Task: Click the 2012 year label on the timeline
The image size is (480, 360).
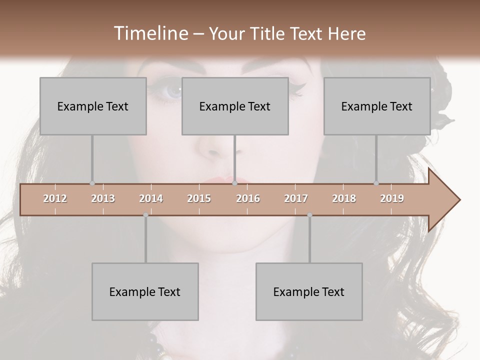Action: pyautogui.click(x=55, y=198)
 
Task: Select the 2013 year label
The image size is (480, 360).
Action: pyautogui.click(x=103, y=198)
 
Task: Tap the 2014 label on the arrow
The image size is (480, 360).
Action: pyautogui.click(x=151, y=198)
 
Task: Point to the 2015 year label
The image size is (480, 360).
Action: pyautogui.click(x=199, y=198)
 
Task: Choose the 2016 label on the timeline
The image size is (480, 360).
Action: pyautogui.click(x=248, y=198)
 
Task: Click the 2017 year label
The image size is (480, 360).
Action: pyautogui.click(x=296, y=198)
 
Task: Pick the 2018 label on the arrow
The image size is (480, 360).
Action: pyautogui.click(x=344, y=198)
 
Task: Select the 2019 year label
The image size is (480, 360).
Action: pyautogui.click(x=392, y=198)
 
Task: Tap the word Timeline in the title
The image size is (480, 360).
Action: pyautogui.click(x=150, y=33)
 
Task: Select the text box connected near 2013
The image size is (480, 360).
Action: pyautogui.click(x=93, y=106)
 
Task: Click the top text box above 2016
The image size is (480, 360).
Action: pyautogui.click(x=235, y=106)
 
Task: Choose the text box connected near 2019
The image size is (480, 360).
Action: pyautogui.click(x=377, y=106)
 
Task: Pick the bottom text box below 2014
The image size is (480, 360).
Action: pyautogui.click(x=145, y=291)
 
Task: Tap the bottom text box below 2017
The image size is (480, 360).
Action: pyautogui.click(x=309, y=291)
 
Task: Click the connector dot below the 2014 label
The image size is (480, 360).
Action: pyautogui.click(x=145, y=215)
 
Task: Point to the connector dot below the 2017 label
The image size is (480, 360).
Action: pyautogui.click(x=309, y=215)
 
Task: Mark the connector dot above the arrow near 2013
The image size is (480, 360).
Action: pyautogui.click(x=92, y=183)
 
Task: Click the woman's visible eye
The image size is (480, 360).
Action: pyautogui.click(x=173, y=91)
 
